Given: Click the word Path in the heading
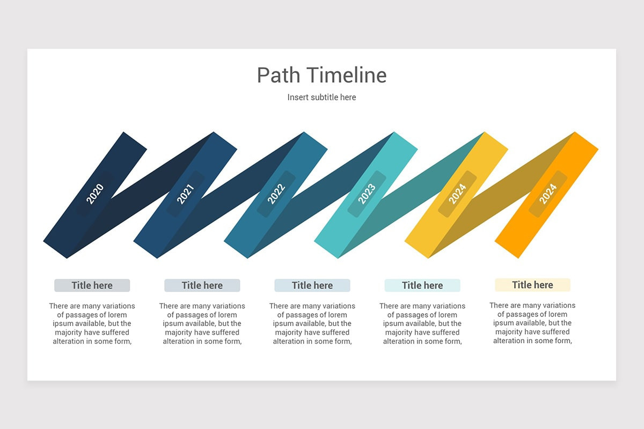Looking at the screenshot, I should point(279,76).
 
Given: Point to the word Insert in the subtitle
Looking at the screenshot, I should point(298,97).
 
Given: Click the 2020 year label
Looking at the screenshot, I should point(95,194).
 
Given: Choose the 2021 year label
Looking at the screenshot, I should point(185,194).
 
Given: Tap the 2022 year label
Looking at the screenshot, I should point(276,194).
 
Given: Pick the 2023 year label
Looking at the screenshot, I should point(367,194).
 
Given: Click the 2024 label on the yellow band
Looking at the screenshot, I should point(457,194).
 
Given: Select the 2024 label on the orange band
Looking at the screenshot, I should point(548,194).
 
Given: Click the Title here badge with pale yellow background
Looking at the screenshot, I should point(532,285).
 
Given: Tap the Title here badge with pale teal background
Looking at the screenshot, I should point(422,285).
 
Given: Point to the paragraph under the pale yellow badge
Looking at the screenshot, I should point(532,323).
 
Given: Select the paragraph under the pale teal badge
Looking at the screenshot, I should point(422,323).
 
